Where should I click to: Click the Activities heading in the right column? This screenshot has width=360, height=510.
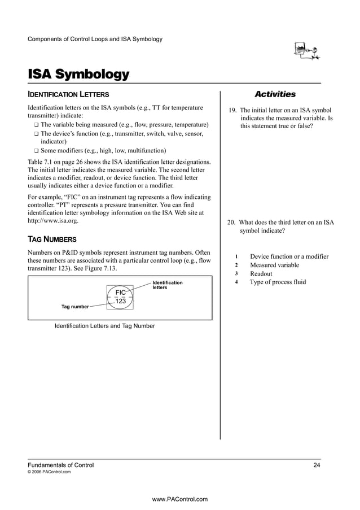point(275,94)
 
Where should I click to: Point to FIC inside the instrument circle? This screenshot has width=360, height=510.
point(120,292)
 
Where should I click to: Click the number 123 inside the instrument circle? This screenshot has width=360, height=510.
point(120,302)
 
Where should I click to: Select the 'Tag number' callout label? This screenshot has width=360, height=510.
point(74,306)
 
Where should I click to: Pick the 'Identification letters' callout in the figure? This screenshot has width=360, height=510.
point(168,285)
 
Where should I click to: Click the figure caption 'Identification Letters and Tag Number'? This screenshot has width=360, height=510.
point(104,326)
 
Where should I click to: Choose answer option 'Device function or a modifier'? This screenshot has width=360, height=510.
point(289,256)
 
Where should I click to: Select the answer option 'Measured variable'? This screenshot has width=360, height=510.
point(274,265)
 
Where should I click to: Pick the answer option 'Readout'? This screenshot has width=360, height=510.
point(261,273)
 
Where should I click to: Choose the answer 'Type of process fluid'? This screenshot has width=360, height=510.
point(278,282)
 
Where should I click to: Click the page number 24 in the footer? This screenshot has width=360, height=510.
point(317,465)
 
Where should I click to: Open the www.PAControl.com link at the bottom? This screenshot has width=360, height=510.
point(180,499)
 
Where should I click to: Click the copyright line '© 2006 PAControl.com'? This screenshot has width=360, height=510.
point(49,472)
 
